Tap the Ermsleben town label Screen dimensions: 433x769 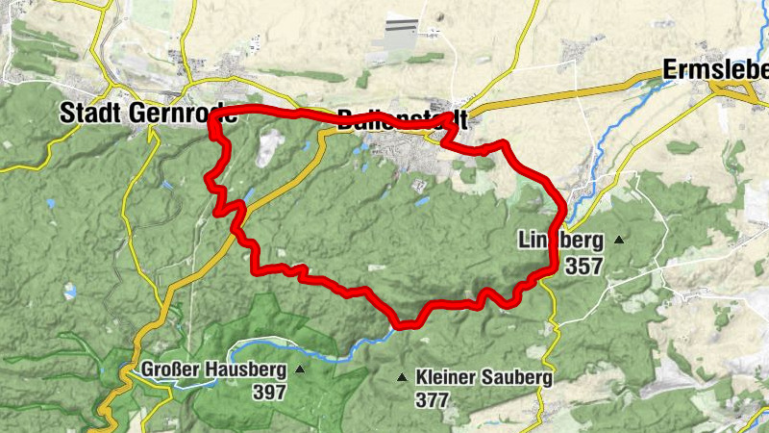pos(715,70)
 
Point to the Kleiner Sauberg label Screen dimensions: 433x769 pos(484,378)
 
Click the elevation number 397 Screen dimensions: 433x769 pos(269,392)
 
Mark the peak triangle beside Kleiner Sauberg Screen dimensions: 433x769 pos(402,378)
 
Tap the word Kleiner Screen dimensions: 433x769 pos(446,378)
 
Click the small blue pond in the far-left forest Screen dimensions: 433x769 pos(50,204)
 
